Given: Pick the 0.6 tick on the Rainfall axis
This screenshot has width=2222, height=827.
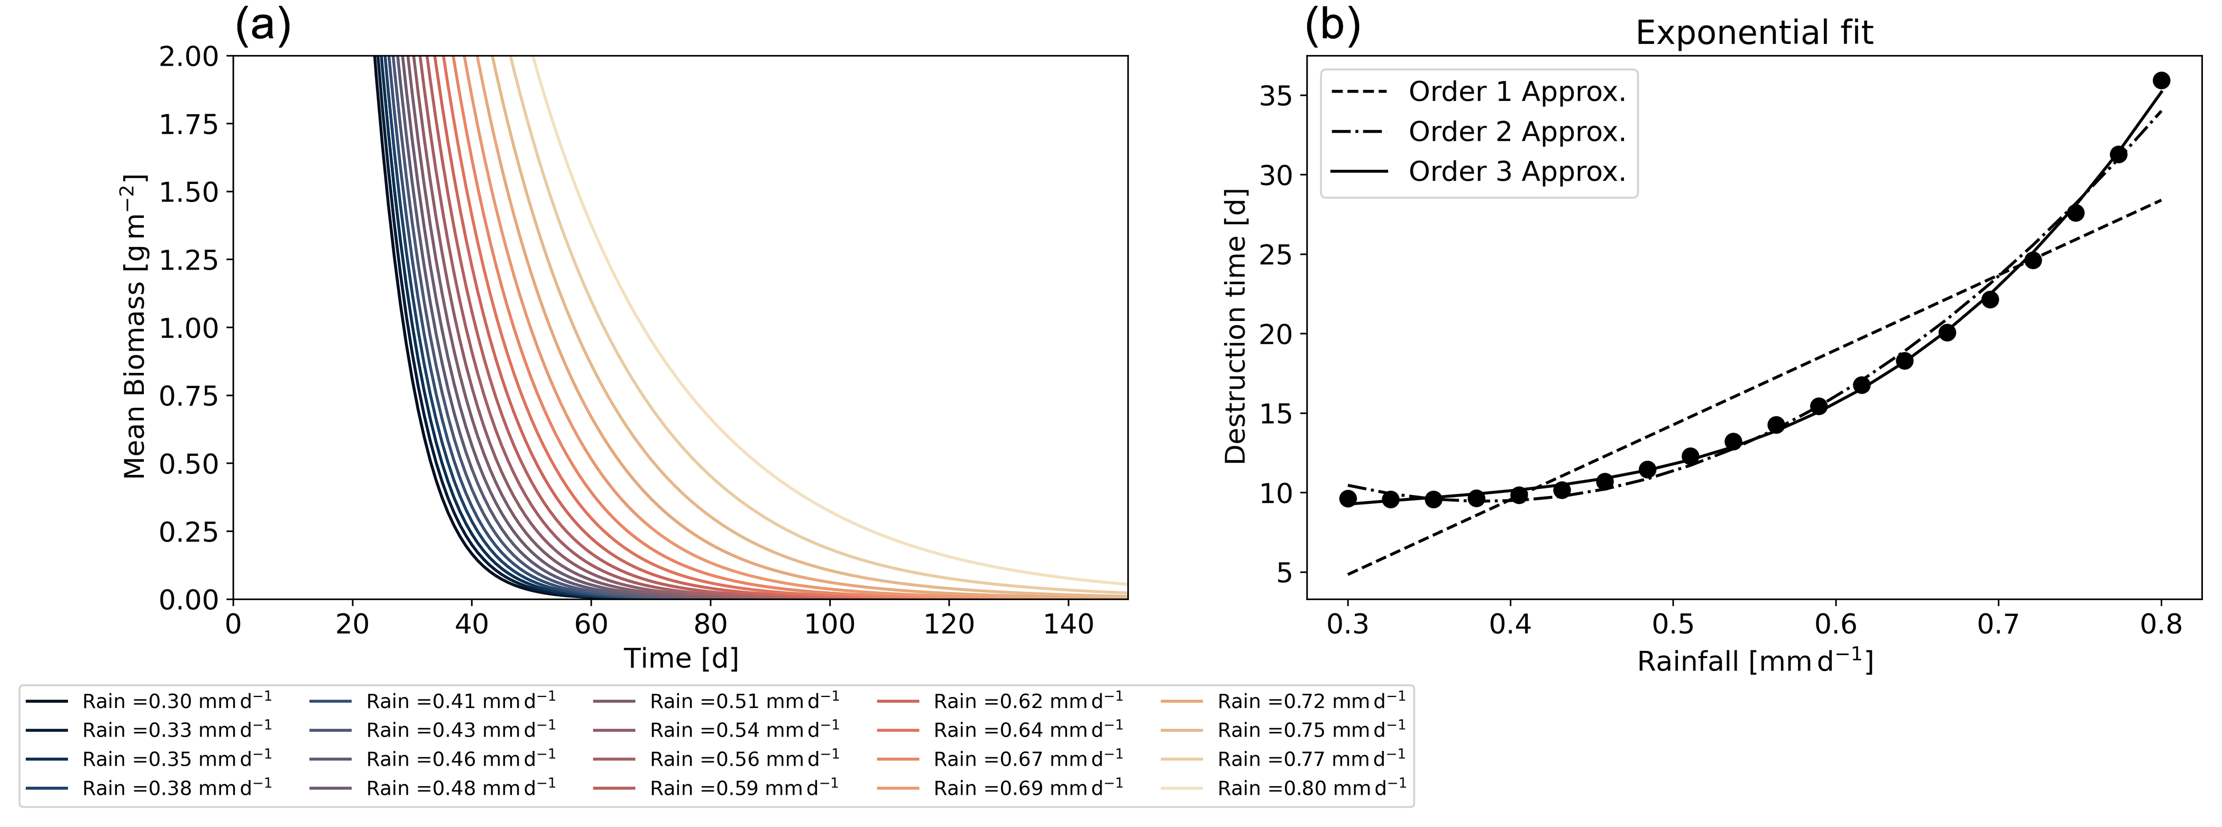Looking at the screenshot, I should coord(1835,623).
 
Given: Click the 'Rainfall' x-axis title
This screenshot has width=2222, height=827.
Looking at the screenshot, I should coord(1755,661).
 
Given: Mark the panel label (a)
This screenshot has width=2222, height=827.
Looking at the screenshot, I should coord(263,26).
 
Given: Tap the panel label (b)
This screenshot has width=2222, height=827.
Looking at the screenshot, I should coord(1333,26).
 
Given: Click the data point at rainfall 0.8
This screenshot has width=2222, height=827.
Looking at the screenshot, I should coord(2161,81).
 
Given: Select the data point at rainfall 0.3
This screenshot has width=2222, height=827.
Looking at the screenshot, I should coord(1348,499).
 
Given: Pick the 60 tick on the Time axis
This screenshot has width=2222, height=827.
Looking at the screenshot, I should coord(591,623).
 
